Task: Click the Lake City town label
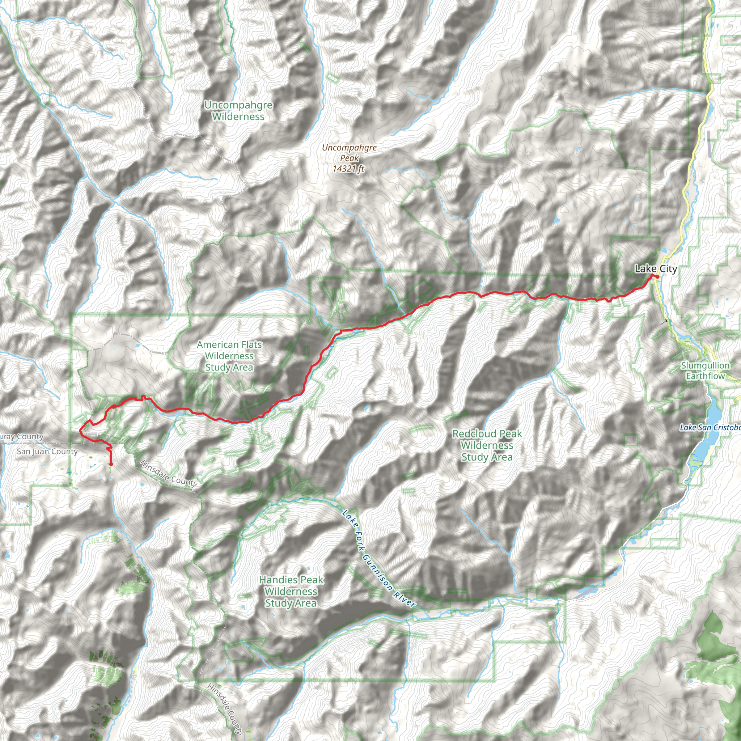pyautogui.click(x=656, y=269)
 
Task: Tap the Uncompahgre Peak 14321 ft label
pyautogui.click(x=349, y=158)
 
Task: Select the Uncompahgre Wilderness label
pyautogui.click(x=238, y=111)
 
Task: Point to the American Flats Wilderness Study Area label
pyautogui.click(x=229, y=356)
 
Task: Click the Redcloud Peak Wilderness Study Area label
pyautogui.click(x=487, y=445)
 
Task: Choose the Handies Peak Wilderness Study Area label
pyautogui.click(x=291, y=592)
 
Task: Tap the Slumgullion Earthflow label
pyautogui.click(x=705, y=371)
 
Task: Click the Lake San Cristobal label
pyautogui.click(x=710, y=427)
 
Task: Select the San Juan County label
pyautogui.click(x=47, y=452)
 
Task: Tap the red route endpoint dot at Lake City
pyautogui.click(x=657, y=276)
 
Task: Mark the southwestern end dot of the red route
pyautogui.click(x=111, y=465)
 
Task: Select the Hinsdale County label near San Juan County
pyautogui.click(x=169, y=473)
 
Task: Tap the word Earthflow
pyautogui.click(x=705, y=376)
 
